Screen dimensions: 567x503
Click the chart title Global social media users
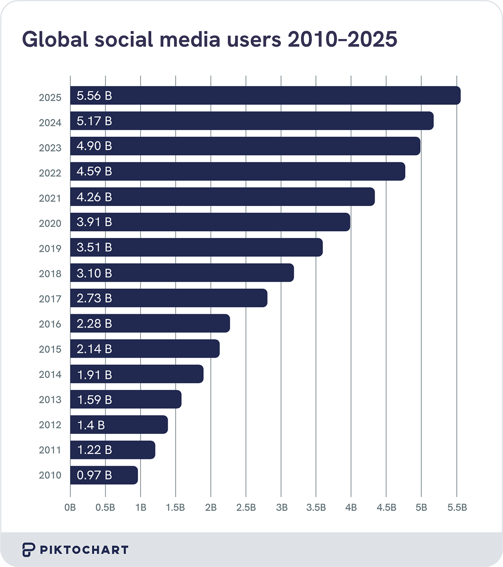210,39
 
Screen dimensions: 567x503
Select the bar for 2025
265,95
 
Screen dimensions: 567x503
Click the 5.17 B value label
94,121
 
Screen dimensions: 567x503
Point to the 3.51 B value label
94,247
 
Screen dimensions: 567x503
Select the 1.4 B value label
91,425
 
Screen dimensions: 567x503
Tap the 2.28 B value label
94,324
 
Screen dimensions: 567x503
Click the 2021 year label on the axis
50,198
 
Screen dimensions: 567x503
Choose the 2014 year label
50,374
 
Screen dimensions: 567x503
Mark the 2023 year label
50,148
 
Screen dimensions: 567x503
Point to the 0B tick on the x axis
70,508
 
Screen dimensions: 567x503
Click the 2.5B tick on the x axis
246,508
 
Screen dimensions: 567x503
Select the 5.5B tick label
457,508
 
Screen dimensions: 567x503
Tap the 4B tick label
351,508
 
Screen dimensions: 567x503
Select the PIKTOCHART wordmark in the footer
84,550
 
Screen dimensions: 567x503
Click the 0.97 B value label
94,475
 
